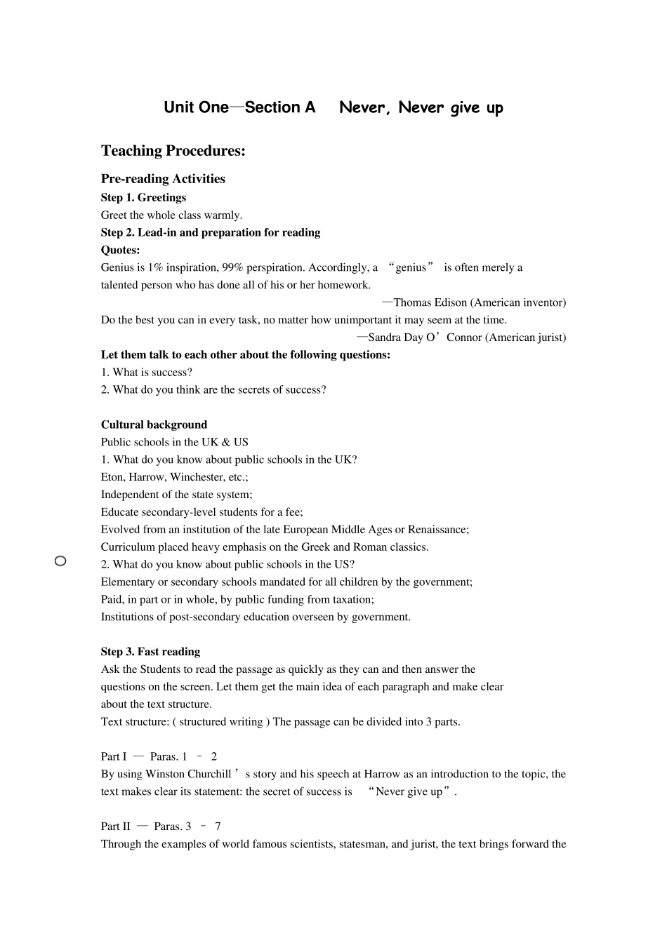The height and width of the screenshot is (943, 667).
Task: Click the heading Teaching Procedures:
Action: (173, 151)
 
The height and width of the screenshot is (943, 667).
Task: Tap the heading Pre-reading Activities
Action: (163, 179)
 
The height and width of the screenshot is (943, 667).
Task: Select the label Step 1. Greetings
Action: (143, 198)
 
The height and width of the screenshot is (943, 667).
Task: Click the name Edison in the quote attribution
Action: (450, 302)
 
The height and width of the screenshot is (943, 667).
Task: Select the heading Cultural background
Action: (154, 424)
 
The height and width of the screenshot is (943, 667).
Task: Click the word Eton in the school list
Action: (112, 477)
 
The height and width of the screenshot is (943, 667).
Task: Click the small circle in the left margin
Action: (60, 561)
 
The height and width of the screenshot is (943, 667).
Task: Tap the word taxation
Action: (351, 599)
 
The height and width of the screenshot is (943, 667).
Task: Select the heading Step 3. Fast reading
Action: (150, 652)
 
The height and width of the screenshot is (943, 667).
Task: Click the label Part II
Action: (115, 827)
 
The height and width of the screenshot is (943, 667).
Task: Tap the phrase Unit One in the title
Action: (196, 107)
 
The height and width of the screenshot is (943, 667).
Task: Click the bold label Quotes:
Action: (120, 250)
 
